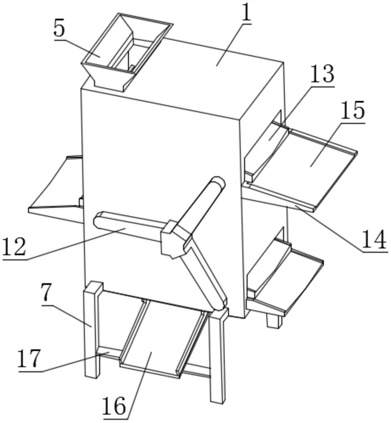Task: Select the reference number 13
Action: click(x=322, y=74)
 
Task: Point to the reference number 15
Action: click(x=352, y=110)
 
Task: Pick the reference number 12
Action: click(x=14, y=247)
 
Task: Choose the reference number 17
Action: click(x=29, y=358)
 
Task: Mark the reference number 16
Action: click(x=114, y=406)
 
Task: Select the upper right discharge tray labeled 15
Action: click(x=302, y=165)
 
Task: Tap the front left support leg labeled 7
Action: click(x=92, y=329)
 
